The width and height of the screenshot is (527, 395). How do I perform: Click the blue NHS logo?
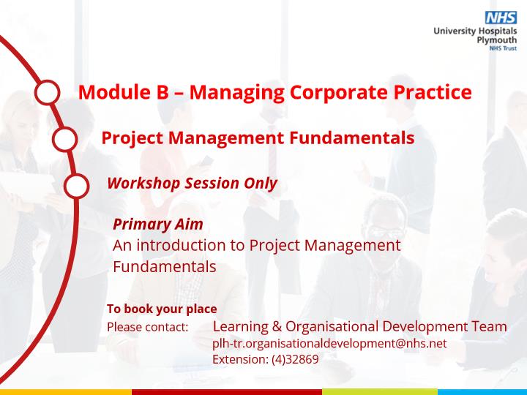[x=501, y=18]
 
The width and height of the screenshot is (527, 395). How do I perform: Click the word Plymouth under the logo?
[x=497, y=40]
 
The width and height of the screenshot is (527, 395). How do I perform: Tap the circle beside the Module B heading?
[x=48, y=92]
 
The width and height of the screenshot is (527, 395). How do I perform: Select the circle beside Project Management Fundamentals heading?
[x=65, y=139]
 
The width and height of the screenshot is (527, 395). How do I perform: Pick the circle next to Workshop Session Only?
[x=77, y=186]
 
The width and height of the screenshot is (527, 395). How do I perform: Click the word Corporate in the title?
[x=339, y=92]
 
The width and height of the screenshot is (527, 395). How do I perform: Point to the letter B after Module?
[x=162, y=92]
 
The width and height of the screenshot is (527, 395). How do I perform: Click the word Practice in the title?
[x=433, y=91]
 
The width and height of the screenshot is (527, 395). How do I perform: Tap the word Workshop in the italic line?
[x=144, y=184]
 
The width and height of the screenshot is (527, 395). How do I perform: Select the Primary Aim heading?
[x=158, y=225]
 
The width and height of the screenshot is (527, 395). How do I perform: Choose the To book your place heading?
[x=162, y=309]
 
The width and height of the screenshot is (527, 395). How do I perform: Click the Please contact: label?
[x=148, y=327]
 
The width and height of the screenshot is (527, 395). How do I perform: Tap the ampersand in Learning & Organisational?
[x=277, y=326]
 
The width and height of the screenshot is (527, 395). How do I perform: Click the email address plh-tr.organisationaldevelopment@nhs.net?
[x=329, y=344]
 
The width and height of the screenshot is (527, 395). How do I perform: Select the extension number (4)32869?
[x=295, y=359]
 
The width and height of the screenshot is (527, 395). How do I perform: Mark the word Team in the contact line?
[x=489, y=326]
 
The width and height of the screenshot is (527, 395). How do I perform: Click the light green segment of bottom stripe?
[x=380, y=392]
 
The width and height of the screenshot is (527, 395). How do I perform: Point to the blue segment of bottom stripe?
[x=482, y=392]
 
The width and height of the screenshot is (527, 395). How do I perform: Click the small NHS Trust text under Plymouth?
[x=503, y=48]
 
